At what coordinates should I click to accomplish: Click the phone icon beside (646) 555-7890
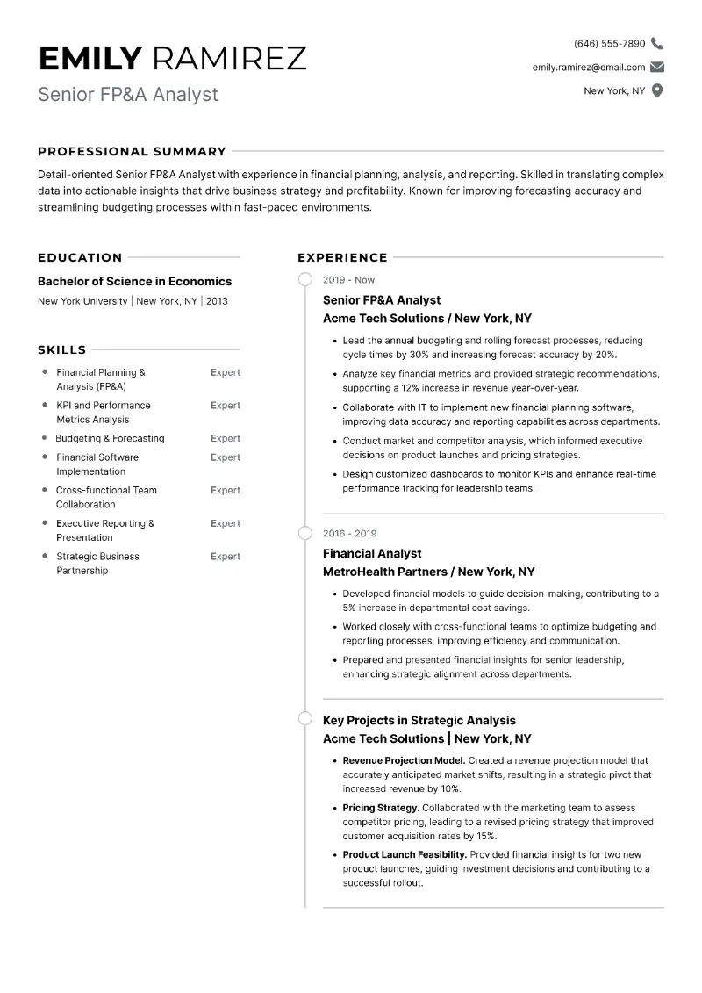click(x=657, y=43)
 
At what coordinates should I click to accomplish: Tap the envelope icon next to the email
click(x=657, y=67)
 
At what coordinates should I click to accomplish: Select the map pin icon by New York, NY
click(x=657, y=90)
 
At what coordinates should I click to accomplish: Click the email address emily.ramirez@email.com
click(x=588, y=67)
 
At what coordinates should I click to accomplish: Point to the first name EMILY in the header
click(x=90, y=58)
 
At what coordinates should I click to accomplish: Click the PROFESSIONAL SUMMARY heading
click(x=132, y=151)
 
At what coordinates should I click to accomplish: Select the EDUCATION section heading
click(x=80, y=257)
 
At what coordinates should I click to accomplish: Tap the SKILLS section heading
click(x=61, y=349)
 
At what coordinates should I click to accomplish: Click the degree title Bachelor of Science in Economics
click(x=134, y=281)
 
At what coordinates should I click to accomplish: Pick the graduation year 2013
click(x=217, y=301)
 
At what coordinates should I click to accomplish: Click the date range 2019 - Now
click(x=348, y=280)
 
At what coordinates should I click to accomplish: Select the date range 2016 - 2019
click(x=349, y=533)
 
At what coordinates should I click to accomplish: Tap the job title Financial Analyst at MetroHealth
click(x=372, y=553)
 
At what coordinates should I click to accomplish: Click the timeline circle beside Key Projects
click(x=304, y=718)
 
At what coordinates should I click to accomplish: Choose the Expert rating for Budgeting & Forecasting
click(x=225, y=438)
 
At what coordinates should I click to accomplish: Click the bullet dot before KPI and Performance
click(x=45, y=405)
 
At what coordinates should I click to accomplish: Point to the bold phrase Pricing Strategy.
click(x=381, y=808)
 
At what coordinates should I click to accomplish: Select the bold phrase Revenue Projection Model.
click(x=404, y=760)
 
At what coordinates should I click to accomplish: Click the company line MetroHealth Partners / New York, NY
click(x=428, y=572)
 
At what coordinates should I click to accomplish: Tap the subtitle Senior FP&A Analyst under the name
click(x=127, y=94)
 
